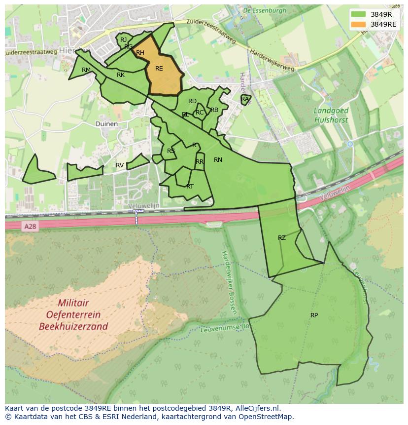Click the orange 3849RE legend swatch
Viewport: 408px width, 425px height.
click(359, 24)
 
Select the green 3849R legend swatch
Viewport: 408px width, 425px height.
click(359, 14)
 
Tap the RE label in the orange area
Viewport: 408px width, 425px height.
click(159, 69)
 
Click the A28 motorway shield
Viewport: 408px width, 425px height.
click(30, 226)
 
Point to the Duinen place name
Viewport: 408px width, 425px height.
click(106, 124)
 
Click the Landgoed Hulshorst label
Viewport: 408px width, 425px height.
click(331, 116)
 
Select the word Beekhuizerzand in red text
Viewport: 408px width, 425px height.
click(74, 326)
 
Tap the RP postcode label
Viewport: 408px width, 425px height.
click(314, 315)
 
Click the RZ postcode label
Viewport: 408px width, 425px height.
click(281, 238)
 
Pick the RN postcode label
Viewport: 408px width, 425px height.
click(218, 159)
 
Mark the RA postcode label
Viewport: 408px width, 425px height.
click(245, 99)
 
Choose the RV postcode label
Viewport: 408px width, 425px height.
click(120, 165)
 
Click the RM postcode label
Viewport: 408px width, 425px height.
click(86, 70)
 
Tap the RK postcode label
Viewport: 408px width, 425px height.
click(121, 75)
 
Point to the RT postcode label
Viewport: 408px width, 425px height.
click(190, 187)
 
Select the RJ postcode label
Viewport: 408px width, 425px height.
click(123, 40)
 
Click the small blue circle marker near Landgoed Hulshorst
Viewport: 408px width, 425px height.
click(350, 144)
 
